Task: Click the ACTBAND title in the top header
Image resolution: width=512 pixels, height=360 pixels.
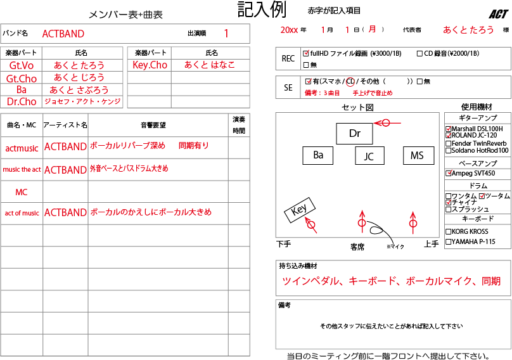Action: click(x=63, y=34)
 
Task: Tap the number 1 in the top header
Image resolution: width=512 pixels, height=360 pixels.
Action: click(x=226, y=34)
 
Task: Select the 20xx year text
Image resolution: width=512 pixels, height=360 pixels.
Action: click(x=289, y=30)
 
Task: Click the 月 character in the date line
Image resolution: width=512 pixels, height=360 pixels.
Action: click(x=372, y=30)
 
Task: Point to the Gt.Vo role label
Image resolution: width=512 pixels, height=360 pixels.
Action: click(x=22, y=65)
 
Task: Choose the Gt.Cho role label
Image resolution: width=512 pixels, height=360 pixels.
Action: click(x=22, y=79)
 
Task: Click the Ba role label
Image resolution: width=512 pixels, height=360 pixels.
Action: click(x=22, y=90)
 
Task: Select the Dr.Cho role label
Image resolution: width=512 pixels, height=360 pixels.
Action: click(x=22, y=101)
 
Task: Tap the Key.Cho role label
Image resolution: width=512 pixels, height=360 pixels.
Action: click(x=150, y=65)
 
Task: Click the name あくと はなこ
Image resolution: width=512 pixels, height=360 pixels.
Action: click(x=210, y=65)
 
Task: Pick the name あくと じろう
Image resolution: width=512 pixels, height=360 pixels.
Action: click(x=79, y=78)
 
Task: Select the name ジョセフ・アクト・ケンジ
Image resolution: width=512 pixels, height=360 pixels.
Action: click(x=82, y=101)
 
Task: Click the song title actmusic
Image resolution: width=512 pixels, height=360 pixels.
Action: click(x=22, y=148)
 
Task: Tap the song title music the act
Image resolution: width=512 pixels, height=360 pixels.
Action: click(x=22, y=170)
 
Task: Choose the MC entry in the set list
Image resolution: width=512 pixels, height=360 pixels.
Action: click(x=22, y=191)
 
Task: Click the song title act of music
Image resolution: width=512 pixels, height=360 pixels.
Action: click(x=22, y=213)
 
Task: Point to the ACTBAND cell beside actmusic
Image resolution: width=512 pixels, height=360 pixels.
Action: click(x=65, y=147)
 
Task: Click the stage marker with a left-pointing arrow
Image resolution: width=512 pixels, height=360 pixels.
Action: click(x=385, y=123)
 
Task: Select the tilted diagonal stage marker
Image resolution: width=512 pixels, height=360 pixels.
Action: click(x=310, y=224)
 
